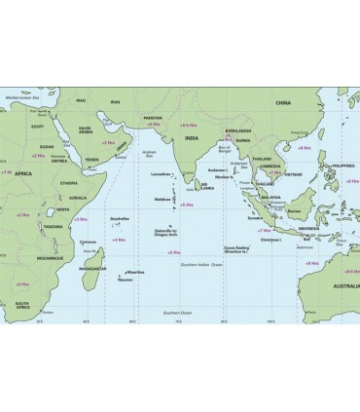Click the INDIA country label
191,139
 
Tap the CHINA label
283,101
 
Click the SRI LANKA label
207,185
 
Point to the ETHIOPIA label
67,182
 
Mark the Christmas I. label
271,239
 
